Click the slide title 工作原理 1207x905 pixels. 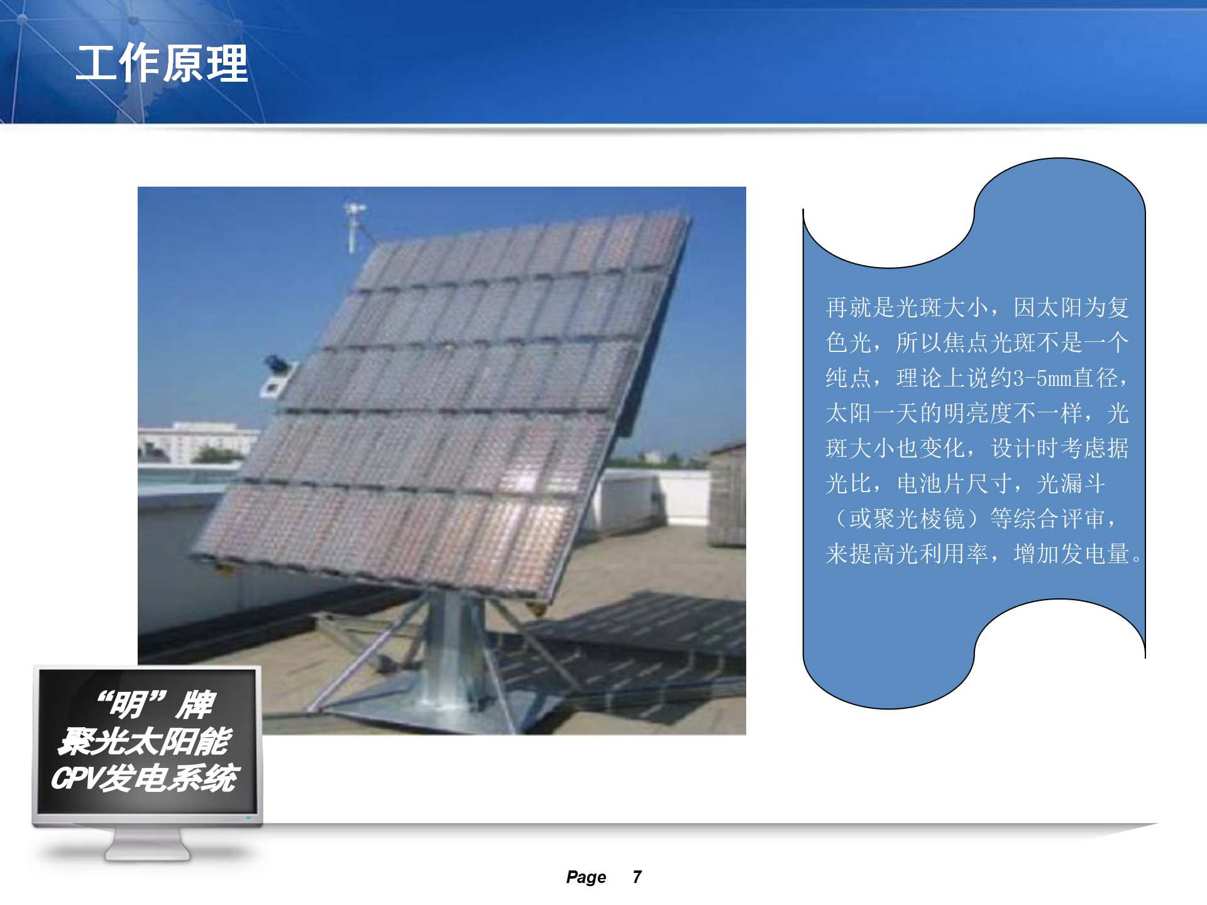click(x=162, y=63)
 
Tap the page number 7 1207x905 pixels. click(x=637, y=877)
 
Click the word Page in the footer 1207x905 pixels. click(x=586, y=877)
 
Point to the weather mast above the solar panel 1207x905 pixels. click(x=354, y=227)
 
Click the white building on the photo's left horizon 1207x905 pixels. click(x=195, y=442)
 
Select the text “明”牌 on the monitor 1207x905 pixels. click(x=157, y=704)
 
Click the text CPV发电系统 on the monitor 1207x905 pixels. click(x=145, y=778)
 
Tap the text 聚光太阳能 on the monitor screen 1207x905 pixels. click(x=145, y=742)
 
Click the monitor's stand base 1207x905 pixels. click(x=147, y=845)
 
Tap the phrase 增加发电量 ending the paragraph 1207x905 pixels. click(x=1071, y=554)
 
